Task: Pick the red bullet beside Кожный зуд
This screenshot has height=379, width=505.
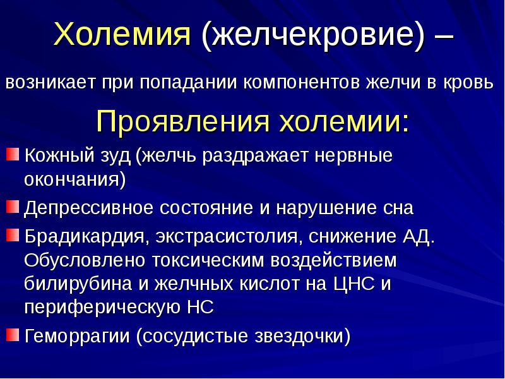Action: [x=13, y=155]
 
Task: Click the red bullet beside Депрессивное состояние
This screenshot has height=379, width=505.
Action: [x=13, y=206]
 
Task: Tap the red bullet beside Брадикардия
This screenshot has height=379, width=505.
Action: [x=13, y=236]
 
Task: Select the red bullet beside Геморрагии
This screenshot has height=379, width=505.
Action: [x=13, y=333]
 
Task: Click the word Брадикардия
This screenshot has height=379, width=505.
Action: [x=85, y=238]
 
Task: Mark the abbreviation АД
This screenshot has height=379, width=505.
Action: [x=418, y=238]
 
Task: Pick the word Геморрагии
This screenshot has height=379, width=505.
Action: [x=77, y=335]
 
